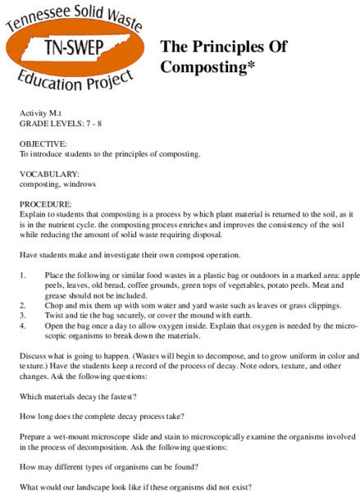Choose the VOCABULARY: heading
50,174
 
